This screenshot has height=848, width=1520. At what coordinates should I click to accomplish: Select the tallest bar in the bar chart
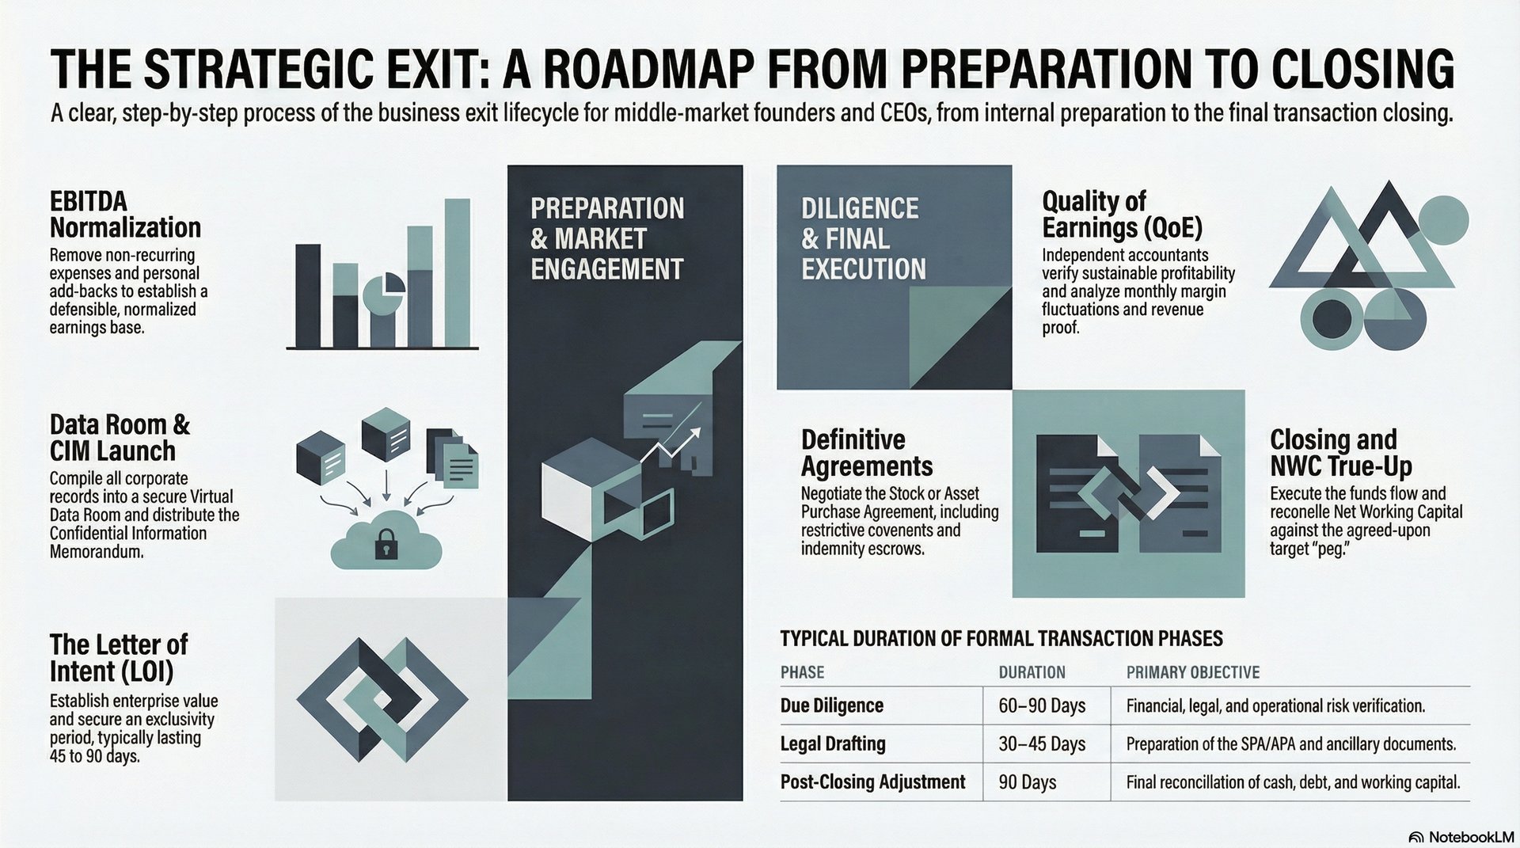coord(457,273)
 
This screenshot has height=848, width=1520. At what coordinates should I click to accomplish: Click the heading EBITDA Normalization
coord(125,214)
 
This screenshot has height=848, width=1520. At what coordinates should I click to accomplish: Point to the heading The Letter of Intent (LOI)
coord(119,657)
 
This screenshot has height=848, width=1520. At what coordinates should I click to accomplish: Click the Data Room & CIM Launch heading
coord(120,437)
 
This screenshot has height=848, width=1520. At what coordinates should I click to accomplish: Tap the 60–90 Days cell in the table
coord(1042,705)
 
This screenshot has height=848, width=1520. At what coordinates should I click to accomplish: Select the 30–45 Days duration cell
coord(1042,743)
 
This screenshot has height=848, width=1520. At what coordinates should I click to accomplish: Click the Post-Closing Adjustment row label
coord(872,781)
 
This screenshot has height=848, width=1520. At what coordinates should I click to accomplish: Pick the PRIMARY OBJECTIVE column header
coord(1192,672)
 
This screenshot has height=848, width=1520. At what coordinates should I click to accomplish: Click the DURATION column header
coord(1032,672)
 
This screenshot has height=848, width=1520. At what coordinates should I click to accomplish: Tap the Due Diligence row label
coord(831,705)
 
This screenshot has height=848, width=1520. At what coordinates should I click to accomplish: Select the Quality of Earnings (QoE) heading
coord(1122,214)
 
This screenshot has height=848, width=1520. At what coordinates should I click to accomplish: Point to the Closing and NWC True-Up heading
coord(1341,451)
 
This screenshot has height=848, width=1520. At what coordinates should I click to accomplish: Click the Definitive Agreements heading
coord(867,452)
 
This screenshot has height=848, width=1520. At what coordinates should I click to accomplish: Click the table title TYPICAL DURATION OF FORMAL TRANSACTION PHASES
coord(1001,638)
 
